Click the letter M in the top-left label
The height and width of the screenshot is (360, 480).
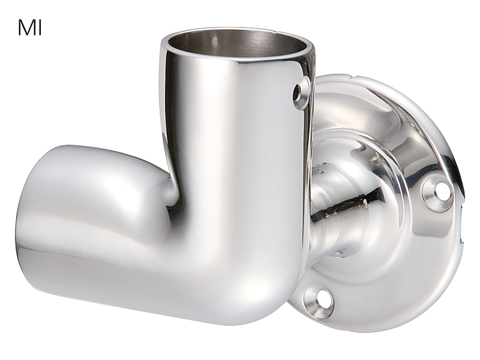point(26,28)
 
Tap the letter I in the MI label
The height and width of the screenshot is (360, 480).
point(40,28)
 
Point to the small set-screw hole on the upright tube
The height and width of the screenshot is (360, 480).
point(298,92)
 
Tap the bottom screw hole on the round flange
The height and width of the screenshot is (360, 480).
point(322,298)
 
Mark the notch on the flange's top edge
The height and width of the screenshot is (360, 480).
point(349,76)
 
